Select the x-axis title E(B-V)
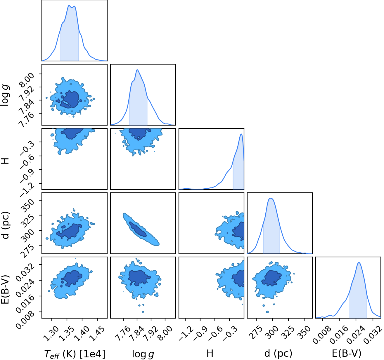[347, 353]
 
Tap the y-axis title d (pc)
[6, 225]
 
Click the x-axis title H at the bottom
[210, 353]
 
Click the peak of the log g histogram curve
[137, 70]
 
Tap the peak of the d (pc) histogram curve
[271, 198]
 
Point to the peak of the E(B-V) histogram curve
[359, 262]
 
